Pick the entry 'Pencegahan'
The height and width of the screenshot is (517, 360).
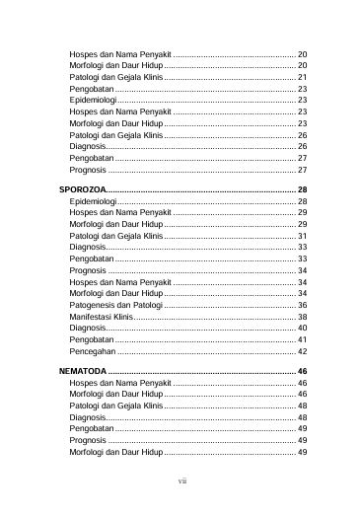tap(92, 351)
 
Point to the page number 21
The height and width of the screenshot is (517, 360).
tap(302, 76)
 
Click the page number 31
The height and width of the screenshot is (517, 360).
tap(302, 236)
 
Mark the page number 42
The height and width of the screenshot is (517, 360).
tap(302, 351)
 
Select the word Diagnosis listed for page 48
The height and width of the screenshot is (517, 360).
tap(88, 417)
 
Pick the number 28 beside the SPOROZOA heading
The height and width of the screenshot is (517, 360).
tap(302, 188)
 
